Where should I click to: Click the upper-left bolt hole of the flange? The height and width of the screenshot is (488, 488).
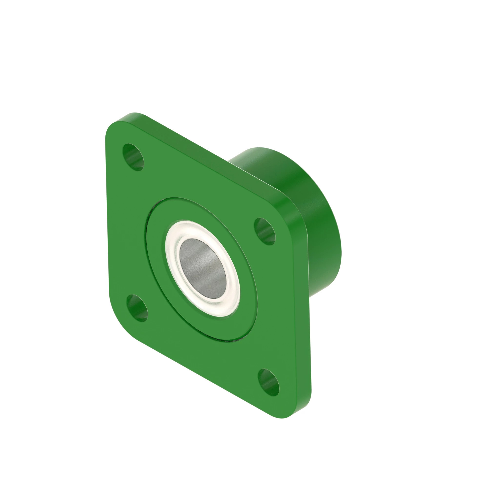click(x=133, y=157)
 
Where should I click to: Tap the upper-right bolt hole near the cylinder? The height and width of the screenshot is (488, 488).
click(x=264, y=231)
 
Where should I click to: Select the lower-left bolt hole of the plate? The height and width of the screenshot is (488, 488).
click(x=137, y=308)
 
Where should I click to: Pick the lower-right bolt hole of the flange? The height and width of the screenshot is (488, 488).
click(x=268, y=382)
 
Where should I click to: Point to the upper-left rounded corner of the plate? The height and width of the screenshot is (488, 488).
click(x=112, y=126)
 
